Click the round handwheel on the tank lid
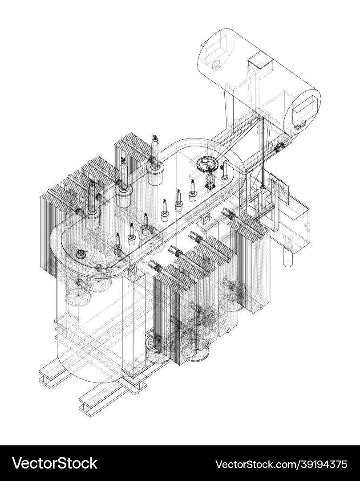click(x=207, y=165)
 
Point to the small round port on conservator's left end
click(x=216, y=64)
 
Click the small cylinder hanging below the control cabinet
click(x=288, y=256)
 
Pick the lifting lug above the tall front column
click(x=132, y=271)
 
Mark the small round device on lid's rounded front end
click(x=81, y=254)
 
